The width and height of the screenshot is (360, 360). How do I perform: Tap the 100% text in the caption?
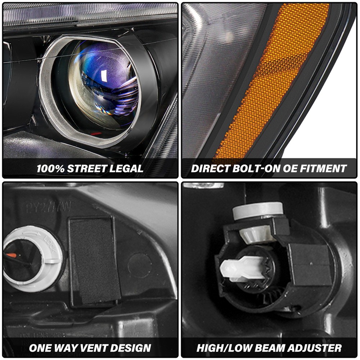point(51,168)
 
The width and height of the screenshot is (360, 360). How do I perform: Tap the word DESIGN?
point(130,348)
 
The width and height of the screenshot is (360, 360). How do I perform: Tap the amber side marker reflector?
point(274,79)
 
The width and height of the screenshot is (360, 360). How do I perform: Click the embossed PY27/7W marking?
point(49,207)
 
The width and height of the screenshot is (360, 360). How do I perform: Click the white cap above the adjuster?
point(258,210)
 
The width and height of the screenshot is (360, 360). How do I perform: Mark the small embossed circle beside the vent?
point(140,265)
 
